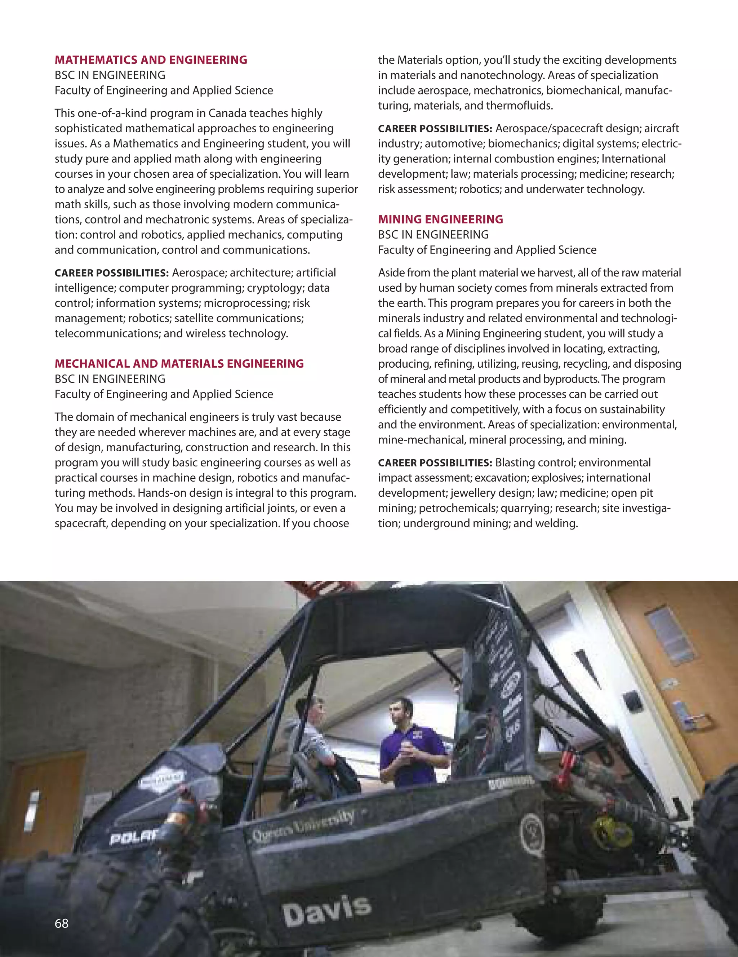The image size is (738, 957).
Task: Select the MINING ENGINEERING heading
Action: tap(440, 219)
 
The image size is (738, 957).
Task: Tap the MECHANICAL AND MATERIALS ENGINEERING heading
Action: tap(179, 363)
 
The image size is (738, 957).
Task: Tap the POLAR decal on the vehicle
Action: tap(134, 837)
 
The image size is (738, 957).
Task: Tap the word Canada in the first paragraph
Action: tap(227, 113)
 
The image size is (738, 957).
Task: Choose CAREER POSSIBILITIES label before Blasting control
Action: tap(435, 463)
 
